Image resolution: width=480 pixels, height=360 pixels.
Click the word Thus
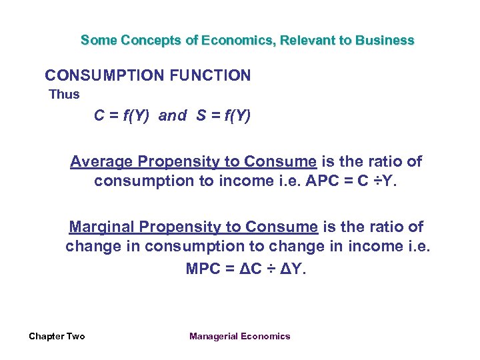click(65, 95)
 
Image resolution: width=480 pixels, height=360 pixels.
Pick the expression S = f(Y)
click(223, 116)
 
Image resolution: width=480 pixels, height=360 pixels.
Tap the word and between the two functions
click(173, 116)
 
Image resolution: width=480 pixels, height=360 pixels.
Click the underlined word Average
click(103, 162)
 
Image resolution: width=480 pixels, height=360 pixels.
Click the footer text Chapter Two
click(57, 336)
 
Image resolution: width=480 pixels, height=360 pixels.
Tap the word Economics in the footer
click(267, 336)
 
